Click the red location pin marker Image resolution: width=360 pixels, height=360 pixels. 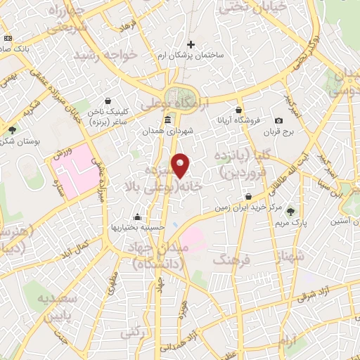click(x=181, y=165)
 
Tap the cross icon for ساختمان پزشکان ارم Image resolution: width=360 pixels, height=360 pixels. click(x=191, y=44)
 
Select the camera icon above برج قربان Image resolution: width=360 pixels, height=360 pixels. click(x=279, y=121)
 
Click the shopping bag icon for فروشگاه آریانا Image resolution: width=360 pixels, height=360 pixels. click(x=239, y=110)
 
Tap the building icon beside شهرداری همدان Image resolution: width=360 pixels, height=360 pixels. click(x=167, y=121)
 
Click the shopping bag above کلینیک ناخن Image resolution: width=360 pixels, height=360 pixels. click(x=107, y=101)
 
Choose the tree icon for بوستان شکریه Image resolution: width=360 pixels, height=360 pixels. click(x=13, y=129)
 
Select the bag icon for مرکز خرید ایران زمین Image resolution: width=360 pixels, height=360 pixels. click(x=247, y=196)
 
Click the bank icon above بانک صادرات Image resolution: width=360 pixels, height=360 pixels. click(x=7, y=37)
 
